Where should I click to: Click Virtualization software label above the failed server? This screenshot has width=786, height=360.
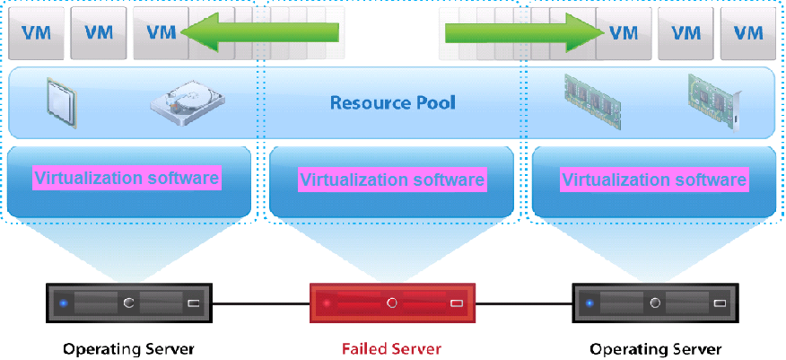[392, 180]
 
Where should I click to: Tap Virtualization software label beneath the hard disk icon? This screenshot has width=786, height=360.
[127, 178]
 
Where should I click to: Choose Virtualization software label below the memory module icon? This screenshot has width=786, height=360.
[654, 180]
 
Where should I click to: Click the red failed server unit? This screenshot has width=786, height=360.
[392, 303]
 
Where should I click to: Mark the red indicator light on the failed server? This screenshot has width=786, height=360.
[327, 303]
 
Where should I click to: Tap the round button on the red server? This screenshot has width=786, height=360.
[391, 303]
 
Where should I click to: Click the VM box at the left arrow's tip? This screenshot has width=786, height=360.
[162, 32]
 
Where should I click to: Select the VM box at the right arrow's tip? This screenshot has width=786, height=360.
[623, 32]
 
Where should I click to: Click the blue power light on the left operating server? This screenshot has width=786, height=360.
[63, 303]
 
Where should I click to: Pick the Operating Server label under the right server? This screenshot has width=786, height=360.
[655, 348]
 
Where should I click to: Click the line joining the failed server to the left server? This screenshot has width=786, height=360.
[260, 303]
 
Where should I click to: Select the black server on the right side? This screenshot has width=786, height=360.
[655, 303]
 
